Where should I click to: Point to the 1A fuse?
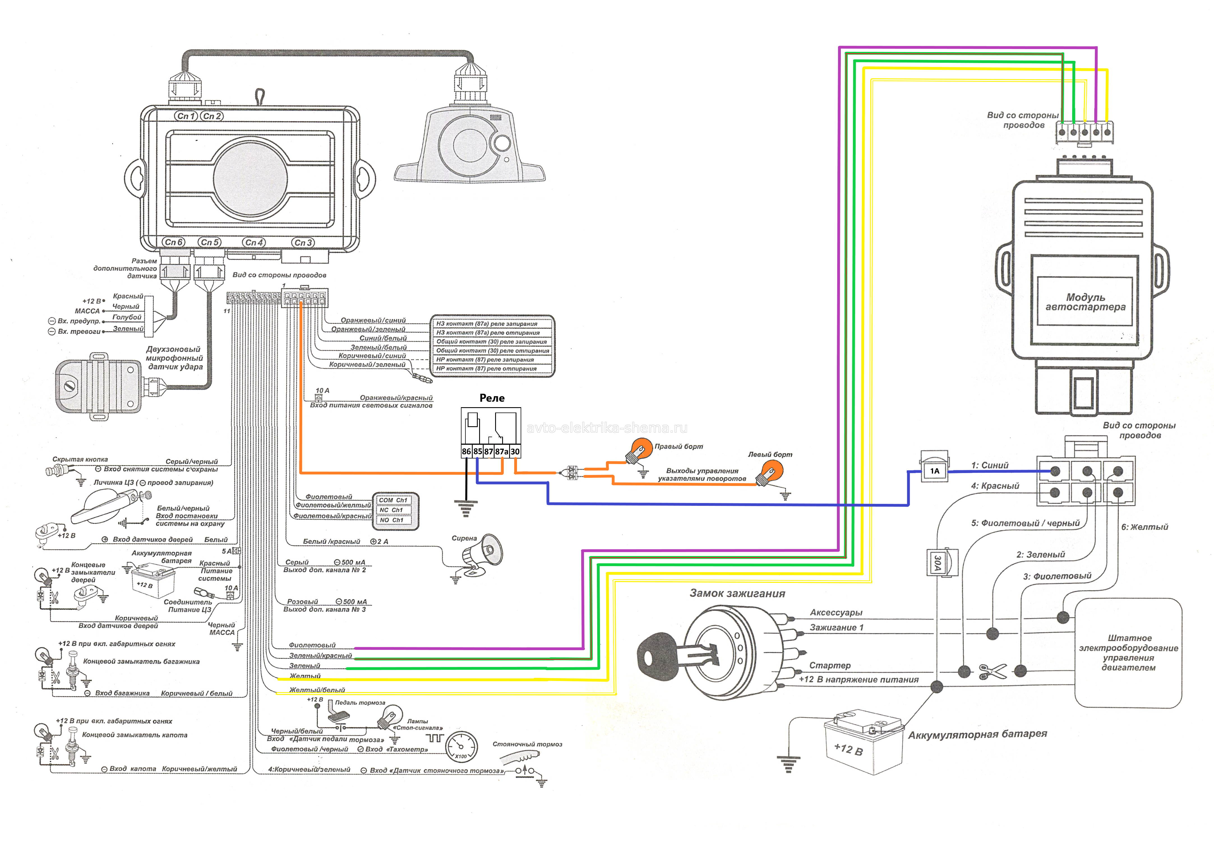(x=934, y=470)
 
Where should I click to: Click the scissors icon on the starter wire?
(x=993, y=671)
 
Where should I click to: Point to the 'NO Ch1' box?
(x=392, y=520)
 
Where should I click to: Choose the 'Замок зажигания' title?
(x=737, y=594)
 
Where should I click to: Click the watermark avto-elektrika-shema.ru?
(x=607, y=428)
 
